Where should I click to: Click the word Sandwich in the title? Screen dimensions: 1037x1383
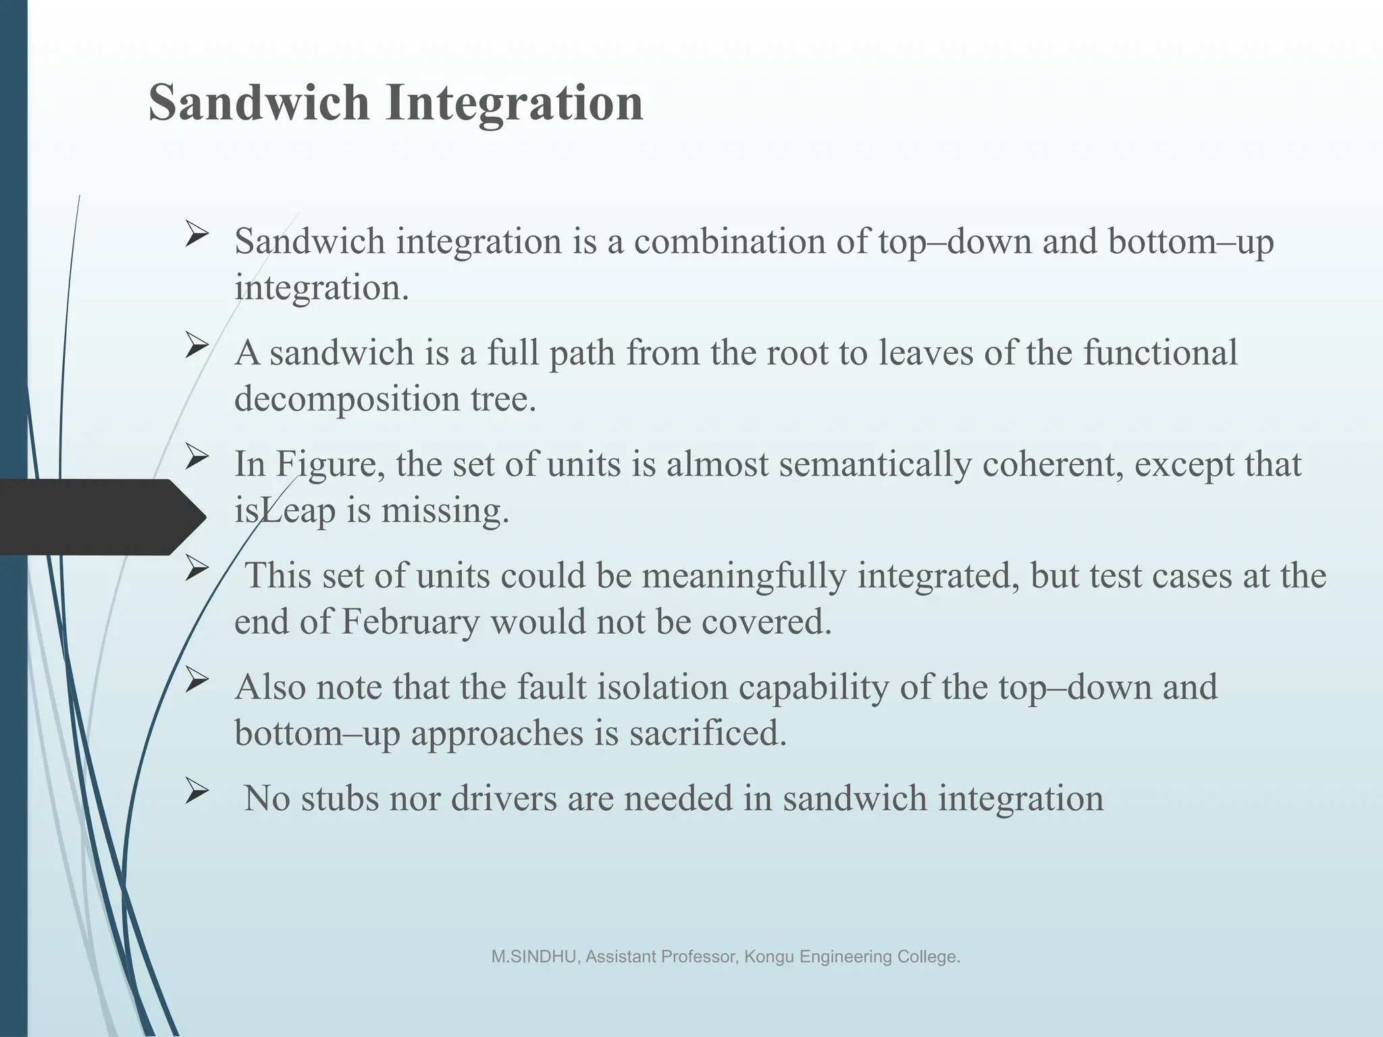259,103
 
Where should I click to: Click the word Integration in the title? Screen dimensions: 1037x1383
514,103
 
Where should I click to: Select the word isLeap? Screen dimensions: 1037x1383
284,510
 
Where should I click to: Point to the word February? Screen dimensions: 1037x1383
410,621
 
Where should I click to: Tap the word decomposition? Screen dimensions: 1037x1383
346,398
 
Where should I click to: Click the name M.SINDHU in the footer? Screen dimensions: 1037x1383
533,957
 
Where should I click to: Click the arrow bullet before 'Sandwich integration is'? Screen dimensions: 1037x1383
196,236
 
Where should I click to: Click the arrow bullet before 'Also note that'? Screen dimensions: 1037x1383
196,681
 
